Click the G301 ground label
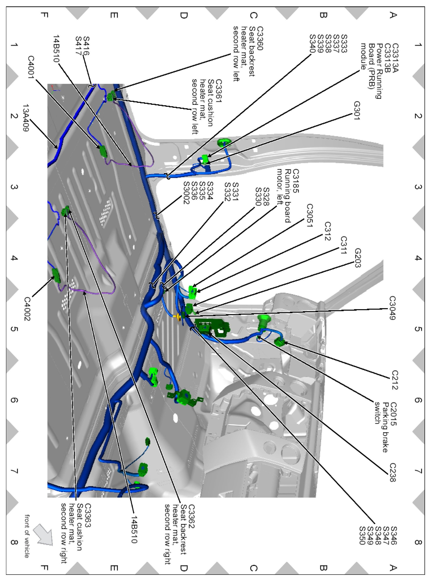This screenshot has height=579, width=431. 357,110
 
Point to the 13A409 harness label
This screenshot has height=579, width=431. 25,118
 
